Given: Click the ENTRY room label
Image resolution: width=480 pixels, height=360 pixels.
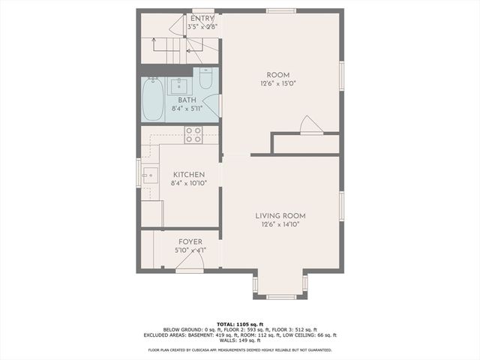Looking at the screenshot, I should click(202, 19).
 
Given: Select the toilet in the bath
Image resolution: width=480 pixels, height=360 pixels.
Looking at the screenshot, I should click(205, 79).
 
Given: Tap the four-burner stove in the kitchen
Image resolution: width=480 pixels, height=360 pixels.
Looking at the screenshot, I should click(193, 134).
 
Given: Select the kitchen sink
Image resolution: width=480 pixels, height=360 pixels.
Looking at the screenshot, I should click(150, 176).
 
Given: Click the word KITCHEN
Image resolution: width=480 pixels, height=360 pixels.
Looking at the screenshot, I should click(187, 174).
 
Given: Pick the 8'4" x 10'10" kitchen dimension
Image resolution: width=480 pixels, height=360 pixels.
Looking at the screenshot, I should click(187, 183).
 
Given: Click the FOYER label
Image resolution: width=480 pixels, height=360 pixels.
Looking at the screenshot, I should click(190, 241).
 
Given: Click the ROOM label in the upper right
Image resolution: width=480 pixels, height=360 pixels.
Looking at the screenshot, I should click(278, 75).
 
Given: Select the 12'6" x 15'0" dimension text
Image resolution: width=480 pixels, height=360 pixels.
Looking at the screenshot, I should click(278, 84).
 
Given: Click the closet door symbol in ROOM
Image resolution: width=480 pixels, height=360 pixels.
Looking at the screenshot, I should click(310, 126).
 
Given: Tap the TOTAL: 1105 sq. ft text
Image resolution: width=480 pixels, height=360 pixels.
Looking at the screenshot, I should click(240, 324).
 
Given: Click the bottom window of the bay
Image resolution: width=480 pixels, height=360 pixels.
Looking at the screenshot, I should click(280, 297).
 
